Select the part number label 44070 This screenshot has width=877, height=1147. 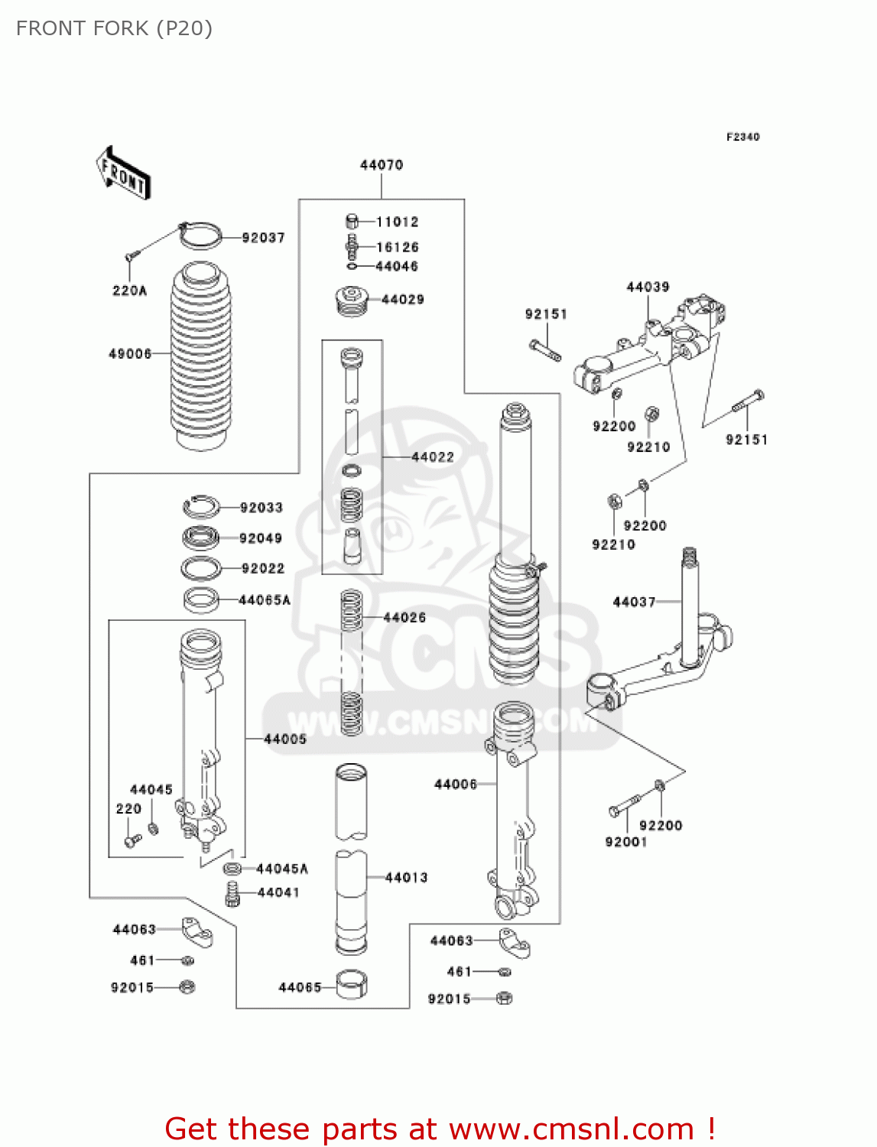pos(381,165)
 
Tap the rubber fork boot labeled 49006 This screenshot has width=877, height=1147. pos(200,356)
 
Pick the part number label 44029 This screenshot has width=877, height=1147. pos(402,300)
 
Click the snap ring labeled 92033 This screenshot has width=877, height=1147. pos(201,506)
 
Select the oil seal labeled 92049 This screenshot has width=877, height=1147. pos(201,538)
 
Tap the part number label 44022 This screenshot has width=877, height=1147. pos(432,457)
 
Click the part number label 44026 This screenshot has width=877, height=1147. pos(404,618)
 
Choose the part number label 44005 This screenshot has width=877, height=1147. pos(285,739)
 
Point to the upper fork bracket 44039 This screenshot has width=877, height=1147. pos(650,344)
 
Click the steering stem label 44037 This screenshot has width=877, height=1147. pos(634,603)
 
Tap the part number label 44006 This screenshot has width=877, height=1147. pos(455,785)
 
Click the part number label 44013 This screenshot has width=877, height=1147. pos(406,878)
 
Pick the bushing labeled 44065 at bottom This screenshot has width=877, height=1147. pos(352,985)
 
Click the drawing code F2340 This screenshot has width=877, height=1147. pos(742,137)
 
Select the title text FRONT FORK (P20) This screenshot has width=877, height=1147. pos(114,28)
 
